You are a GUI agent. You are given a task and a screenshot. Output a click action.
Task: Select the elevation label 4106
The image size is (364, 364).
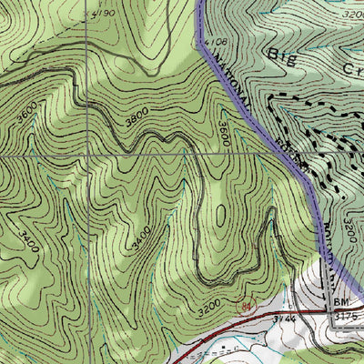click(215, 41)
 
